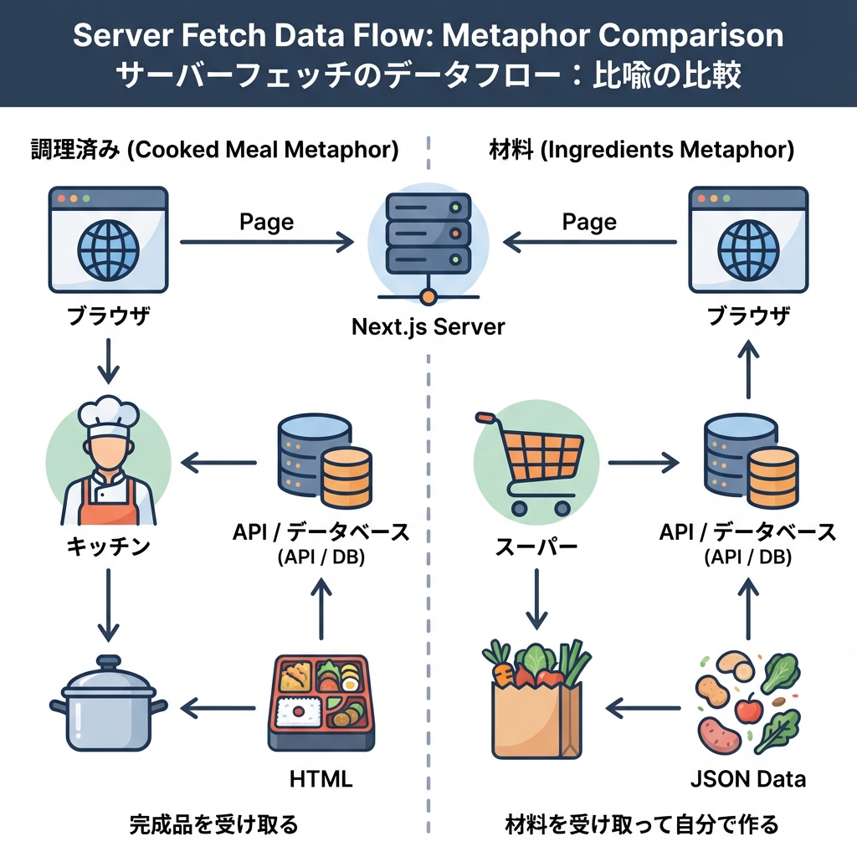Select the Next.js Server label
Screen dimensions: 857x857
(x=428, y=326)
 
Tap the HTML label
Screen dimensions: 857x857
(x=321, y=778)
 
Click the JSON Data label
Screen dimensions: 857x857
(x=748, y=778)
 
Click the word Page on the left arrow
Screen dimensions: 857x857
(x=266, y=221)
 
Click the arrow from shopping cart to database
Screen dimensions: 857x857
(x=643, y=461)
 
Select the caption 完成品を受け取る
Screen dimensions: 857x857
(x=213, y=825)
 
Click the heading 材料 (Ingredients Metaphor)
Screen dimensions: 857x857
(x=641, y=151)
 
